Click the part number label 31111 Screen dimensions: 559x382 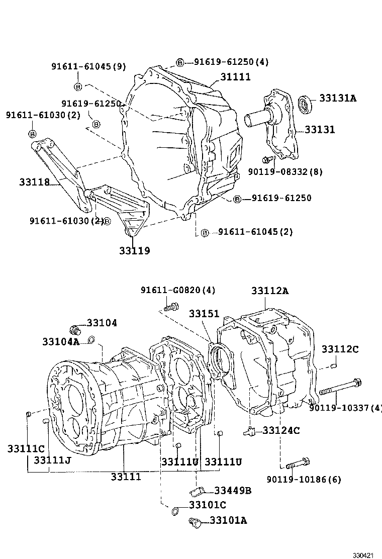click(234, 77)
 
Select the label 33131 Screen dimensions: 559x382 click(318, 130)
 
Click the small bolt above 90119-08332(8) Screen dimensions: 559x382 click(268, 159)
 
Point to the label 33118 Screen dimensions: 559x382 click(35, 182)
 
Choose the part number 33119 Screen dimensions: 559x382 click(134, 250)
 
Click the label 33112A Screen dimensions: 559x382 click(270, 291)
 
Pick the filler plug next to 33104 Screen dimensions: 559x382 click(75, 330)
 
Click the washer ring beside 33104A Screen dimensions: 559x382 click(91, 340)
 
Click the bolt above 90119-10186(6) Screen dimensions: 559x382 click(298, 462)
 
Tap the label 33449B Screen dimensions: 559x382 click(233, 491)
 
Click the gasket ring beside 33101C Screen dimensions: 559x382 click(174, 511)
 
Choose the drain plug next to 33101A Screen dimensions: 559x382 click(195, 523)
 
